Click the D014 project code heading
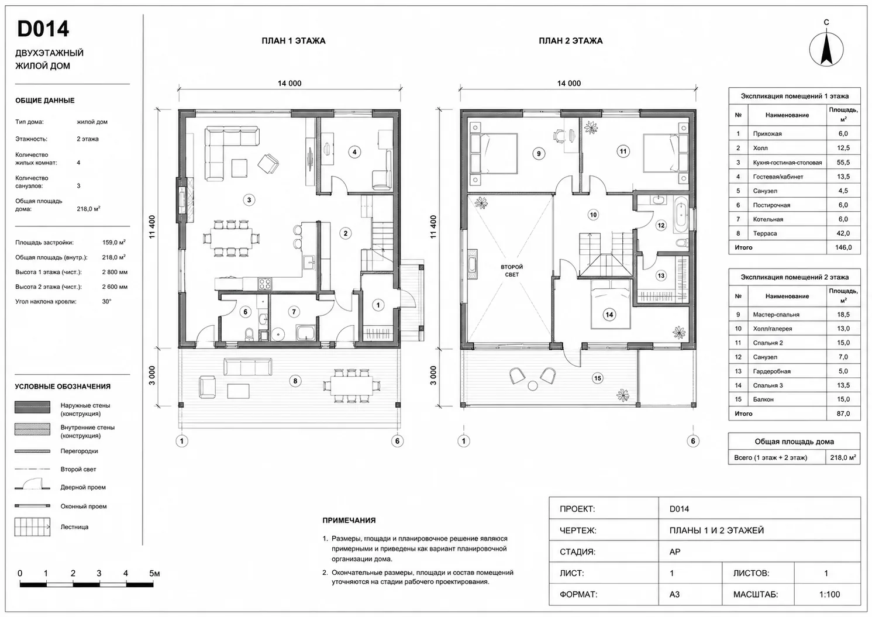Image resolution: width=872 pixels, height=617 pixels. point(43,29)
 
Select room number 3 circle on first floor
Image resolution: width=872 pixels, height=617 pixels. point(249,200)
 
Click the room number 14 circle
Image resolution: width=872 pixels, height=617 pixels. point(609,315)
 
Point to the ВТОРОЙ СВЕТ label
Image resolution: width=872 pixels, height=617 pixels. point(512,271)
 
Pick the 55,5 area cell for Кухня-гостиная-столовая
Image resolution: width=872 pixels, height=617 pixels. point(843,163)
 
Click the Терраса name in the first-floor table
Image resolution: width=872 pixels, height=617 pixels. point(764,233)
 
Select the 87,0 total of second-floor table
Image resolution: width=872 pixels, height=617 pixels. point(843,413)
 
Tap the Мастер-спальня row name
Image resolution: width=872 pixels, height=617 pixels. point(776,315)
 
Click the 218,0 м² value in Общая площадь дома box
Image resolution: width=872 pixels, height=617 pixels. point(843,457)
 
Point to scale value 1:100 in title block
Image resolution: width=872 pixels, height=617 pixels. point(829,594)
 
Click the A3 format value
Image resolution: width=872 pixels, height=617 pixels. point(675,594)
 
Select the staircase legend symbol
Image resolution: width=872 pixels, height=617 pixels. point(33,527)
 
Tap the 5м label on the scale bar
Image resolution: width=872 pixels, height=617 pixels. point(154,573)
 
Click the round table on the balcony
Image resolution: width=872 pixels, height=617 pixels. point(533,386)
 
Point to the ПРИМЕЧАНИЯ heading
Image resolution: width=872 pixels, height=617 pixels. point(349,521)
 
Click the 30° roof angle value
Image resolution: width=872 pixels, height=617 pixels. point(106,301)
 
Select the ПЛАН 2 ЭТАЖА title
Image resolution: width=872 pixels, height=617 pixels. point(570,41)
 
